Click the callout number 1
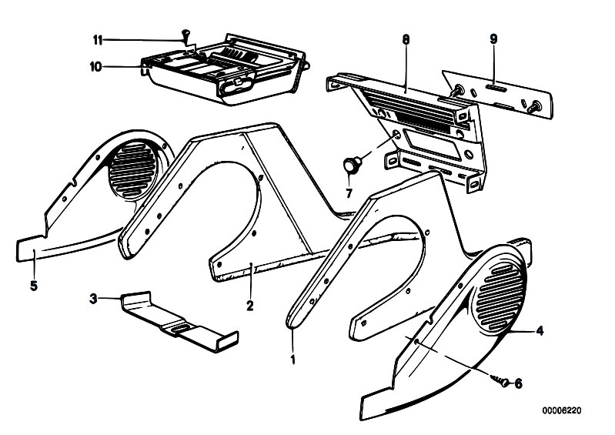click(x=292, y=357)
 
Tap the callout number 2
click(x=249, y=305)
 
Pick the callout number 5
click(x=33, y=286)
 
